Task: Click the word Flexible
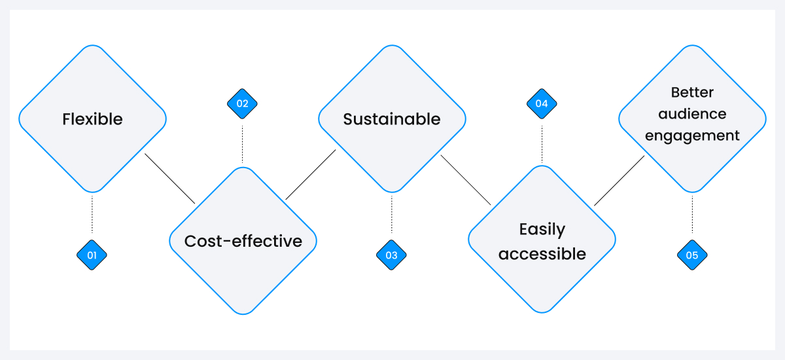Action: click(x=92, y=119)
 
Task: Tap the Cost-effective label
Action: click(x=243, y=241)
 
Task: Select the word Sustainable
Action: click(x=392, y=119)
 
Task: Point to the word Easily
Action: click(x=542, y=229)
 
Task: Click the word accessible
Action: click(x=542, y=254)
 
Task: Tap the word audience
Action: click(x=692, y=114)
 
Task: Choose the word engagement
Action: click(x=692, y=135)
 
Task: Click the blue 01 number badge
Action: click(x=92, y=255)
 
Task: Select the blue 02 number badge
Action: click(x=242, y=103)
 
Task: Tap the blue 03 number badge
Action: click(x=391, y=255)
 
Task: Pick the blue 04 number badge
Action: click(x=542, y=103)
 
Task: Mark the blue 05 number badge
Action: click(x=692, y=255)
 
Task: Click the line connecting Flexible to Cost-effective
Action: click(x=170, y=179)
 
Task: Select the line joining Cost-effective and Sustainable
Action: click(x=311, y=174)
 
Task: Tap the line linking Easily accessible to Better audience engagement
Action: click(x=619, y=181)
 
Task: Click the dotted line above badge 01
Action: click(x=92, y=214)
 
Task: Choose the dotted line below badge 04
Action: click(x=542, y=142)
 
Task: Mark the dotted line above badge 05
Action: click(x=692, y=214)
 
